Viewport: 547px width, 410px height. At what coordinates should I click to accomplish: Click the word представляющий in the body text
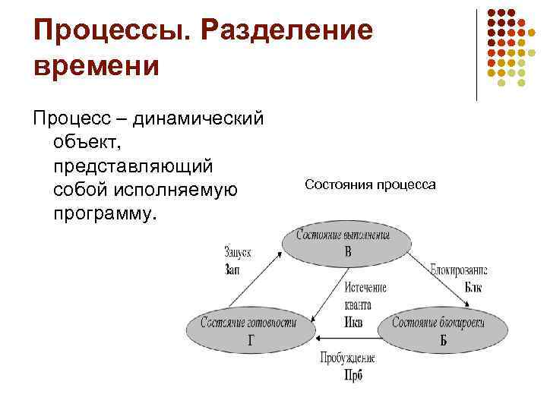click(134, 166)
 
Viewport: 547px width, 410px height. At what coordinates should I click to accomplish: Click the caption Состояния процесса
click(370, 184)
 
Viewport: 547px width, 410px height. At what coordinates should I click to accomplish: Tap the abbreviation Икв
click(353, 321)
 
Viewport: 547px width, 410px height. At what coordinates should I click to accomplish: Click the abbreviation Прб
click(353, 375)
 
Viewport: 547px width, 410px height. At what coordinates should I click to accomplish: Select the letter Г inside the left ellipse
click(251, 339)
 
